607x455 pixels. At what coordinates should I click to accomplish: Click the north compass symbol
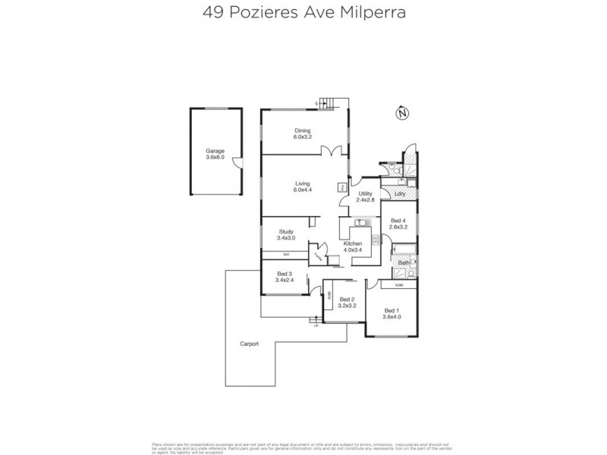pyautogui.click(x=402, y=114)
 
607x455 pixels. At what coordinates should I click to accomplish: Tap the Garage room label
pyautogui.click(x=215, y=151)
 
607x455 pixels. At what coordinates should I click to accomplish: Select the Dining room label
pyautogui.click(x=303, y=131)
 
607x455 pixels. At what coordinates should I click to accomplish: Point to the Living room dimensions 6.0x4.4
pyautogui.click(x=303, y=190)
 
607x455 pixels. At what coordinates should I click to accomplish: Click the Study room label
pyautogui.click(x=285, y=232)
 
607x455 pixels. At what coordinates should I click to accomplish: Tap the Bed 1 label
pyautogui.click(x=392, y=310)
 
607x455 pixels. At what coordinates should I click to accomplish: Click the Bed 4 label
pyautogui.click(x=398, y=219)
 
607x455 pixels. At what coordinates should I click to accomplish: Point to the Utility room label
pyautogui.click(x=366, y=194)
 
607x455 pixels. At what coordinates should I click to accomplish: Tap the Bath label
pyautogui.click(x=404, y=262)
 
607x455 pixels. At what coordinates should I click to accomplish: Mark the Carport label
pyautogui.click(x=250, y=344)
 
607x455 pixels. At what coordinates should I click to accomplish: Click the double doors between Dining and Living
pyautogui.click(x=329, y=151)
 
